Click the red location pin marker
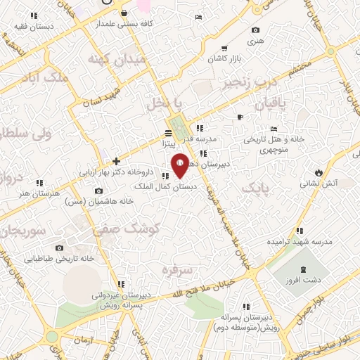(x=180, y=167)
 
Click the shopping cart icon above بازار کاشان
(x=224, y=49)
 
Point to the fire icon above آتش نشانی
(x=319, y=172)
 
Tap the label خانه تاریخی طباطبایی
(x=59, y=259)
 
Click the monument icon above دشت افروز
(x=304, y=269)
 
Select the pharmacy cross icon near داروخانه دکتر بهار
(x=116, y=162)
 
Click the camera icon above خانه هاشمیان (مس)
(x=98, y=191)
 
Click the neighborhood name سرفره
(x=176, y=269)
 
